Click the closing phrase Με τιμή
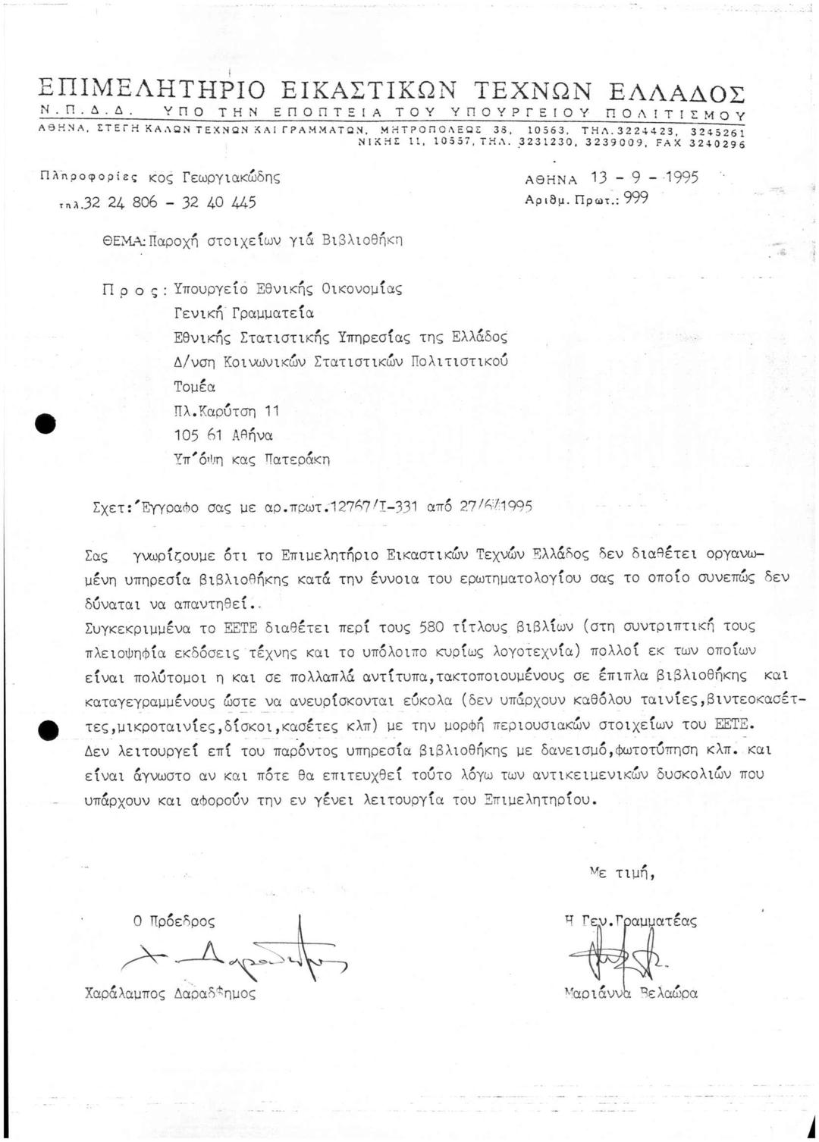pos(621,873)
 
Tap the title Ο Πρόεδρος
pos(174,921)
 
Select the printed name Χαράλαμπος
pos(125,993)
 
